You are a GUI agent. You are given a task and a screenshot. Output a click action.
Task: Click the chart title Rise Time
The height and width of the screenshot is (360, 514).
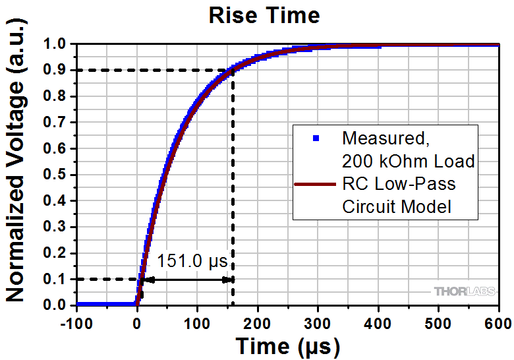(x=264, y=15)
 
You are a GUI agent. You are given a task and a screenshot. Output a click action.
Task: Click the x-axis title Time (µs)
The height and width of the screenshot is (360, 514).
(x=287, y=345)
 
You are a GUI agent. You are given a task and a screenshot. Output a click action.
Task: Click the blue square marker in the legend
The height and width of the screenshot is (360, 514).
(x=316, y=138)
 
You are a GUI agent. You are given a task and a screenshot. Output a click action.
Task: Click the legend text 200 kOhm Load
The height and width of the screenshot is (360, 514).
(x=409, y=161)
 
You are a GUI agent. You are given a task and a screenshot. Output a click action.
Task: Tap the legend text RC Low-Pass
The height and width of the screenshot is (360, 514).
(x=399, y=184)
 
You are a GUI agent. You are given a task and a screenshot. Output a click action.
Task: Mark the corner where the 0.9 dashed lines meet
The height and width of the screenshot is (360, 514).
(x=234, y=71)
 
